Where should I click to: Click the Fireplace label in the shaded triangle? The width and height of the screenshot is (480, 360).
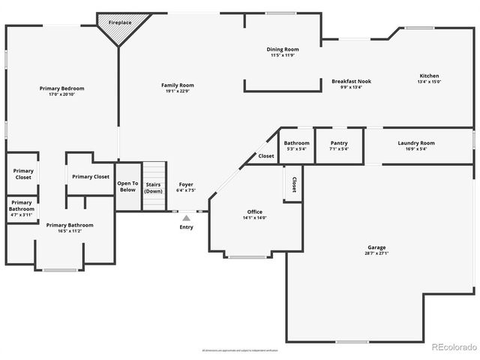tap(119, 23)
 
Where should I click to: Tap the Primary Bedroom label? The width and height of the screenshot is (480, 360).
tap(61, 88)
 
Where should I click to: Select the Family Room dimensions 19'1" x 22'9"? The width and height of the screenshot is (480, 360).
tap(178, 91)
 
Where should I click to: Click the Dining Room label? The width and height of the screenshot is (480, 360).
tap(283, 49)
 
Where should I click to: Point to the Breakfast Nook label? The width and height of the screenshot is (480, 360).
tap(351, 81)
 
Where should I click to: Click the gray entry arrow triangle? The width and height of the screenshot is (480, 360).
tap(186, 217)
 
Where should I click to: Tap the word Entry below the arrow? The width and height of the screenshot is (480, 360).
tap(186, 227)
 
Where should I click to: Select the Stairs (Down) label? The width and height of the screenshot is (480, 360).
tap(153, 187)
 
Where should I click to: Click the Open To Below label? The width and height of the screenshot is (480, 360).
tap(127, 186)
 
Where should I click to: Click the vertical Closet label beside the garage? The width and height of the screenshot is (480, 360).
tap(293, 184)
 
